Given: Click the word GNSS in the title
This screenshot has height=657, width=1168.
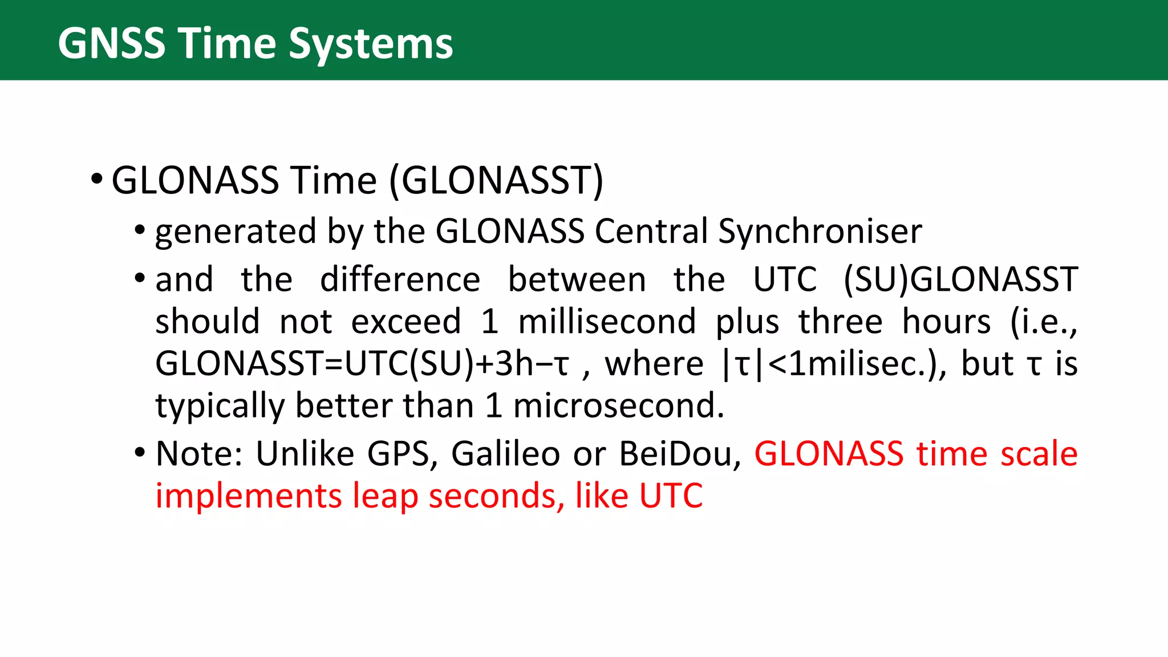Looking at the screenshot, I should (x=112, y=43).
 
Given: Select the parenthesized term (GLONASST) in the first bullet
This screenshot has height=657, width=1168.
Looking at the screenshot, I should (x=496, y=181).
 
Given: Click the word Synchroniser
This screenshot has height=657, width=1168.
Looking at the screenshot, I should (x=820, y=232).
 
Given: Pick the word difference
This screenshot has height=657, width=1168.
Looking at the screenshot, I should (x=400, y=279).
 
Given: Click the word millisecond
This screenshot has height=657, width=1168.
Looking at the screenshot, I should (x=607, y=322).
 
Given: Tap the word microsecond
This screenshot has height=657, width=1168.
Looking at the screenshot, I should (x=618, y=406).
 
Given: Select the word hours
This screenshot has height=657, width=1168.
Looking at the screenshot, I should (x=946, y=322).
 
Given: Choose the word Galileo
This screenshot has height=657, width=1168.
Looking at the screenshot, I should (x=505, y=454).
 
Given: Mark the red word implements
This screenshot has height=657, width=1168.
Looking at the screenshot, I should (x=248, y=496).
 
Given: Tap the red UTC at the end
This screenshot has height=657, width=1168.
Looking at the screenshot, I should (x=671, y=496).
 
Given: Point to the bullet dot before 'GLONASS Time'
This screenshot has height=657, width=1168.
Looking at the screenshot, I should (x=96, y=180).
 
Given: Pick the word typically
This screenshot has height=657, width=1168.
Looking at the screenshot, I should (x=219, y=406).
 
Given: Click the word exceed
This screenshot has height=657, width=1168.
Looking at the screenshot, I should (x=405, y=322).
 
